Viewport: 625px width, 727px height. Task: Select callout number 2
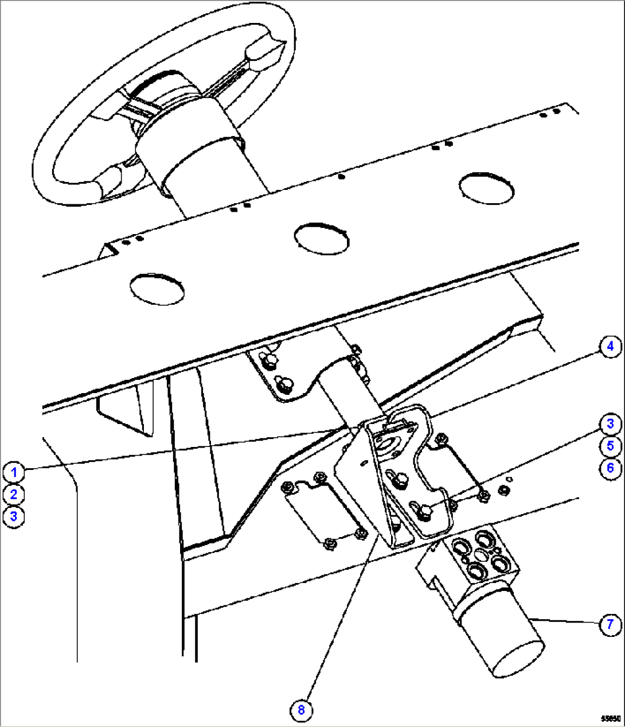coord(13,494)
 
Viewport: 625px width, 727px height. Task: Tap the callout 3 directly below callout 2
coord(13,516)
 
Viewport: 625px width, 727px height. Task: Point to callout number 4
coord(610,346)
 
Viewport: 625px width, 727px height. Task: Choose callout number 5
coord(610,445)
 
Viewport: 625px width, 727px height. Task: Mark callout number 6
coord(610,467)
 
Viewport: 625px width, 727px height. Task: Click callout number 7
coord(610,624)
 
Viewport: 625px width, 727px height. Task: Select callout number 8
coord(302,710)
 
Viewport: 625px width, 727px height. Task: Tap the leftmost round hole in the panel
coord(157,288)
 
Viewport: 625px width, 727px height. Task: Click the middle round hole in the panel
coord(321,237)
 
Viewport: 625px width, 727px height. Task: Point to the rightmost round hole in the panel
coord(486,186)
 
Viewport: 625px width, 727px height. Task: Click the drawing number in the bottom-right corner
coord(611,718)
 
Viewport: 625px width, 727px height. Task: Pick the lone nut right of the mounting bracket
coord(505,489)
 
